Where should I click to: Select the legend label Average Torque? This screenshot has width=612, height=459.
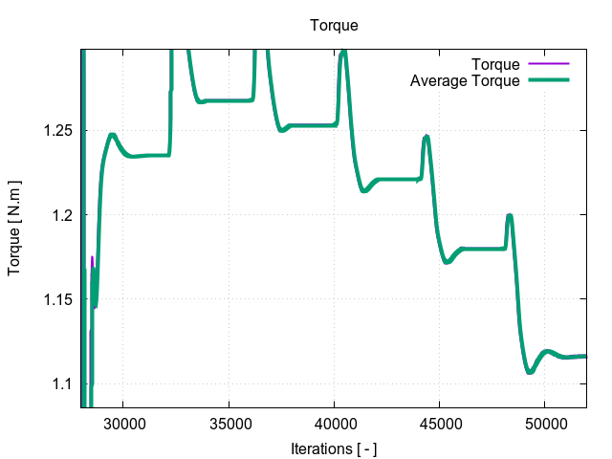[x=465, y=81]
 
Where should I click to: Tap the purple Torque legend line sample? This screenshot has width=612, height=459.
[x=549, y=65]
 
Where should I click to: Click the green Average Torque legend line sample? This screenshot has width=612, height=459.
[x=549, y=81]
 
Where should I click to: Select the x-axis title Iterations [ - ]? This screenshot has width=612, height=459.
[x=334, y=448]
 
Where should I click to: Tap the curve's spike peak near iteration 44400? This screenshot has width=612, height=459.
[x=426, y=137]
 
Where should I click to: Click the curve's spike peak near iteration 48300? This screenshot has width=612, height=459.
[x=510, y=215]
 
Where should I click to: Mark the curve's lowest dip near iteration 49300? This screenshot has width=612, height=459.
[x=530, y=372]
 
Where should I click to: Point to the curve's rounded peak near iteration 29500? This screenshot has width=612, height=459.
[x=113, y=135]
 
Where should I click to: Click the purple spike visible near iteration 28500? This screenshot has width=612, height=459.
[x=93, y=257]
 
